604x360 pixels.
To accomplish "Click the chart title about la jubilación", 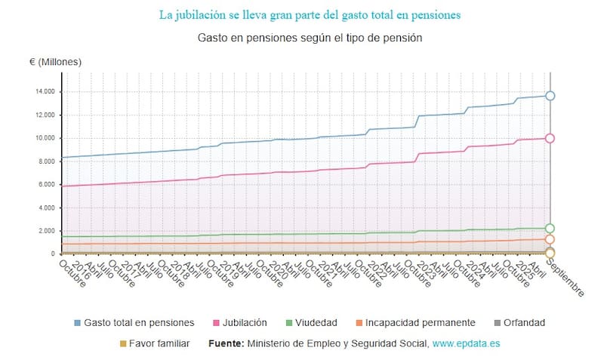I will (310, 14).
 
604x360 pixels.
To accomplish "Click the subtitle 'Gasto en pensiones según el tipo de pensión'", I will (310, 37).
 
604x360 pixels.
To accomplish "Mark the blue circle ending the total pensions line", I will (550, 96).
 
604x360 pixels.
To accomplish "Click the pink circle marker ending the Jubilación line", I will (550, 138).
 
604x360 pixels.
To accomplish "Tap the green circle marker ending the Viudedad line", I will (550, 228).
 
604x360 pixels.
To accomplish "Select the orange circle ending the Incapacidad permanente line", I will (550, 239).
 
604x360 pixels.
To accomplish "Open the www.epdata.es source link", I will (467, 343).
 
